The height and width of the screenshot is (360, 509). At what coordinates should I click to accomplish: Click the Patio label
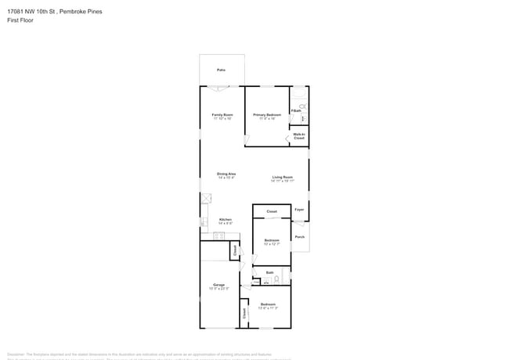(222, 70)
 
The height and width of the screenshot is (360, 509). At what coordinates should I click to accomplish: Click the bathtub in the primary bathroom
(299, 95)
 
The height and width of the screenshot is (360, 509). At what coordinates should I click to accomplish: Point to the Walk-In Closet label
(299, 135)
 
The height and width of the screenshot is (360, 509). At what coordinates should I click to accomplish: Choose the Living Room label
(283, 178)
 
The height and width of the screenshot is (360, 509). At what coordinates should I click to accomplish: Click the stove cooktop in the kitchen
(218, 236)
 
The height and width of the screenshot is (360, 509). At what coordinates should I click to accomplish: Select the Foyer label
(299, 210)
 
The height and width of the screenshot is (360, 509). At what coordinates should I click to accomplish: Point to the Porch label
(300, 236)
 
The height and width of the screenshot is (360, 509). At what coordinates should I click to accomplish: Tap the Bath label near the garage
(269, 272)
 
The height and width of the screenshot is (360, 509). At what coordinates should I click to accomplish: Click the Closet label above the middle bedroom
(272, 211)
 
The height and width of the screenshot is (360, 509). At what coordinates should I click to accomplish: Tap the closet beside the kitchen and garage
(234, 250)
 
